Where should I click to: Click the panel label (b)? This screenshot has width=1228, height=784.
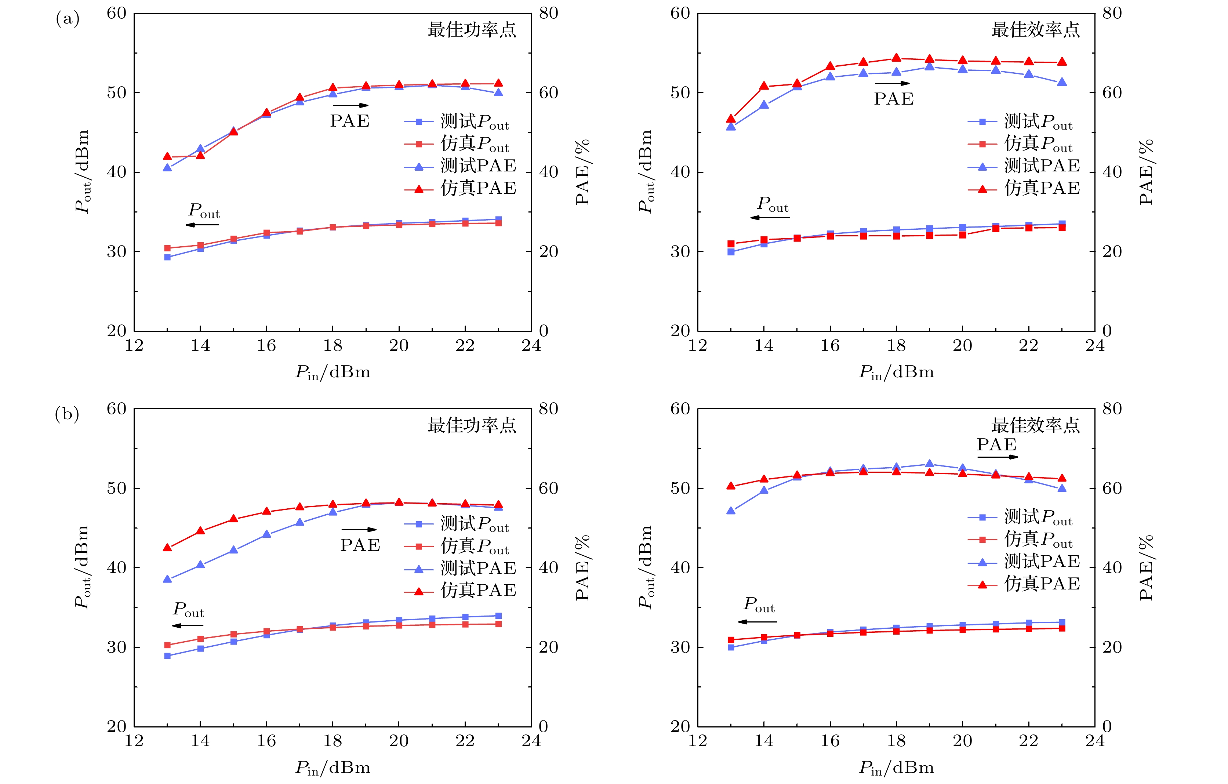point(67,414)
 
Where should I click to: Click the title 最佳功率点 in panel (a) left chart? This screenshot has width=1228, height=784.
point(472,30)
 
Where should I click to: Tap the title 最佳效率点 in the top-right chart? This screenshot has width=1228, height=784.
point(1035,30)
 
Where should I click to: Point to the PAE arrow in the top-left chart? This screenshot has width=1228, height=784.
point(350,106)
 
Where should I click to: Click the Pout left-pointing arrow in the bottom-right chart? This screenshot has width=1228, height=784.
point(757,622)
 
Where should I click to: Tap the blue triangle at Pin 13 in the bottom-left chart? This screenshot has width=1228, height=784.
point(167,579)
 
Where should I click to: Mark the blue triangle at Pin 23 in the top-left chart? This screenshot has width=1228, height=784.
point(498,92)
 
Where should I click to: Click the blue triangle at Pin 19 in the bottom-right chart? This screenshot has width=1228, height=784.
point(929,464)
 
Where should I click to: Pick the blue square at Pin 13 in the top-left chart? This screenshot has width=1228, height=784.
point(167,257)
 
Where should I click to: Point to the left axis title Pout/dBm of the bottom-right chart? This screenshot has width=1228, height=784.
point(645,567)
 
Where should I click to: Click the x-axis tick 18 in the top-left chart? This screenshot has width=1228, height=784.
point(333,346)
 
